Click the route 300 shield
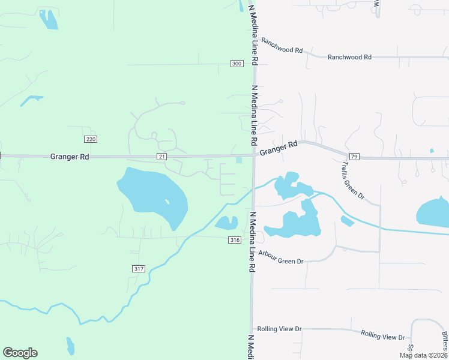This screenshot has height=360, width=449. click(x=237, y=64)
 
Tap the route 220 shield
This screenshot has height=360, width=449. click(x=91, y=139)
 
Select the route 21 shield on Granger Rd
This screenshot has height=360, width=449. click(x=162, y=157)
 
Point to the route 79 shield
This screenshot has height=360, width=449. click(x=354, y=157)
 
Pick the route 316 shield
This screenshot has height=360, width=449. click(x=235, y=240)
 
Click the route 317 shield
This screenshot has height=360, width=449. click(x=138, y=268)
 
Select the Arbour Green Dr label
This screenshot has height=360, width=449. click(x=281, y=257)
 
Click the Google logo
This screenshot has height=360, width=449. click(x=20, y=353)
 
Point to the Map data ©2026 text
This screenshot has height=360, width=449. click(x=423, y=355)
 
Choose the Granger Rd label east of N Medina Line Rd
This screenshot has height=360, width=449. click(x=279, y=148)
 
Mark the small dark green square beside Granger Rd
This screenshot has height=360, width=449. click(x=240, y=160)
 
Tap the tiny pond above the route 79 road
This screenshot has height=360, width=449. click(x=432, y=151)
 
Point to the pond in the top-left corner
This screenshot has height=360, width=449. click(x=49, y=19)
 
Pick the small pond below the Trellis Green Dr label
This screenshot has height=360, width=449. click(x=347, y=221)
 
